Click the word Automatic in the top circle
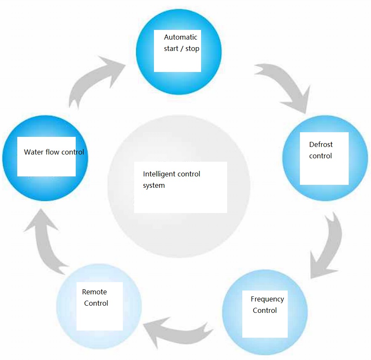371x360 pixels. pyautogui.click(x=180, y=37)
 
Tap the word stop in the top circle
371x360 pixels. pyautogui.click(x=192, y=49)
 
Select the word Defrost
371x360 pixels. pyautogui.click(x=321, y=144)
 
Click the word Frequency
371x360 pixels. pyautogui.click(x=268, y=299)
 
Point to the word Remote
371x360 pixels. pyautogui.click(x=94, y=292)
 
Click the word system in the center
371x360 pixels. pyautogui.click(x=154, y=185)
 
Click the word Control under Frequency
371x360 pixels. pyautogui.click(x=265, y=310)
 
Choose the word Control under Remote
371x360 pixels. pyautogui.click(x=96, y=303)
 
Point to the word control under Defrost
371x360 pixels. pyautogui.click(x=321, y=156)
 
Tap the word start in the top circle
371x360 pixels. pyautogui.click(x=171, y=49)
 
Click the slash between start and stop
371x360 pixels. pyautogui.click(x=182, y=49)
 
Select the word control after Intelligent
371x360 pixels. pyautogui.click(x=189, y=174)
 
